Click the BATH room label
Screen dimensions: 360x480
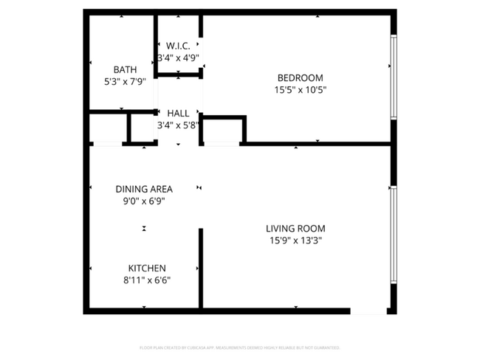pos(124,70)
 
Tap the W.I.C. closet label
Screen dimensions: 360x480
pos(178,46)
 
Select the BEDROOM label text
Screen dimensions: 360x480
pos(300,78)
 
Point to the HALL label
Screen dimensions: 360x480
pos(178,114)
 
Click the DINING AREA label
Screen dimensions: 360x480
pos(144,189)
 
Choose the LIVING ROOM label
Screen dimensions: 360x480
pos(296,229)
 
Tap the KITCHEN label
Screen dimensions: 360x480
pos(147,268)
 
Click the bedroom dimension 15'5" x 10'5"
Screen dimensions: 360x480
pos(300,90)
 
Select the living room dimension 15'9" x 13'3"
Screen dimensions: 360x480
pos(296,240)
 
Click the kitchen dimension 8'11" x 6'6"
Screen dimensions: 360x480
pos(147,280)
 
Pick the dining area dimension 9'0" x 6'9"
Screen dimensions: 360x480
pos(144,201)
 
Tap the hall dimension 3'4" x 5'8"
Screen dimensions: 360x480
pos(178,125)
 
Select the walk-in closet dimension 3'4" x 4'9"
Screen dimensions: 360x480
pos(178,58)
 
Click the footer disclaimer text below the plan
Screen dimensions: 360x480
pos(240,347)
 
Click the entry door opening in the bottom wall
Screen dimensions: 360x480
pos(368,311)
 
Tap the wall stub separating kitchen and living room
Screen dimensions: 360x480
pos(200,268)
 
